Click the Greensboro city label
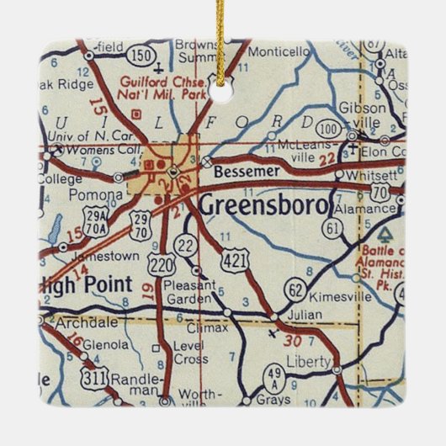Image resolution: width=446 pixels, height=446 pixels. tap(262, 204)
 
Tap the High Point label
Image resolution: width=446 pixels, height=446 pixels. tap(86, 284)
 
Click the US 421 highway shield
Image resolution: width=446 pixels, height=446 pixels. tap(237, 262)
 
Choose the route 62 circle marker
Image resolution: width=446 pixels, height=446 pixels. tap(295, 289)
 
